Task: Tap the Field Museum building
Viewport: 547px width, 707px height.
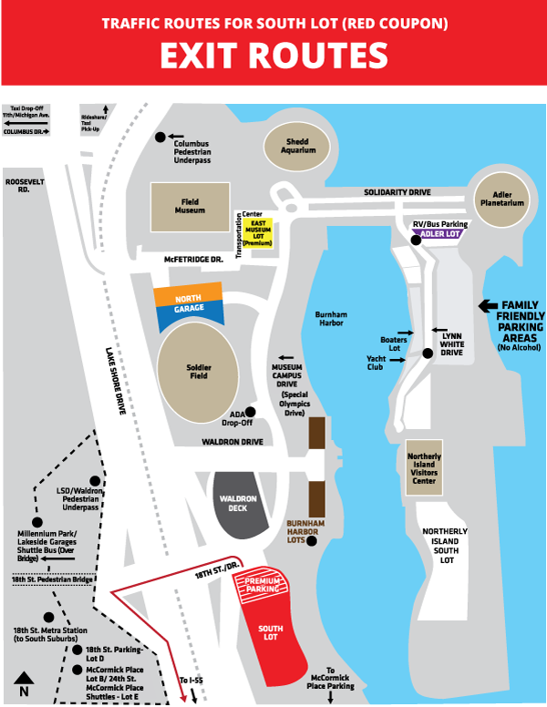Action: [x=191, y=208]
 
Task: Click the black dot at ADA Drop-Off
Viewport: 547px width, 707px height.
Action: [x=250, y=412]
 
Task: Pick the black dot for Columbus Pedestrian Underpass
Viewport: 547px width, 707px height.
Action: [x=160, y=137]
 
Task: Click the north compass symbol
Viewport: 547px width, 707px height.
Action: [x=25, y=681]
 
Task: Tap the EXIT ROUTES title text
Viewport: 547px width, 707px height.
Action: [x=273, y=55]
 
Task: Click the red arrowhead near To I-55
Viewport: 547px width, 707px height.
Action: [x=185, y=697]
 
